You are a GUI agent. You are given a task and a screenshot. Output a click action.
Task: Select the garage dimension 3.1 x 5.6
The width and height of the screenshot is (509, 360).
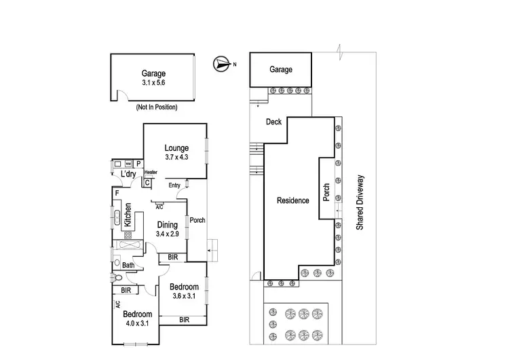point(153,82)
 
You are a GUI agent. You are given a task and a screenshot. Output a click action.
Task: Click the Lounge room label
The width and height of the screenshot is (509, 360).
point(176,148)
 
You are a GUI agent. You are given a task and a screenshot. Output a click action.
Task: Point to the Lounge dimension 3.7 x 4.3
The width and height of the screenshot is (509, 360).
point(176,157)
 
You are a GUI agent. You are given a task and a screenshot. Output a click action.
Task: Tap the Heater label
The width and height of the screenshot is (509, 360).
point(150,173)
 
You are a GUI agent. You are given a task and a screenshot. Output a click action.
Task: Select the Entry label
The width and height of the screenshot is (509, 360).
point(174,185)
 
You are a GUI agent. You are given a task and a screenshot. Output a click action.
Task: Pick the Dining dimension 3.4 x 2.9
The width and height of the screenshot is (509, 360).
point(167,234)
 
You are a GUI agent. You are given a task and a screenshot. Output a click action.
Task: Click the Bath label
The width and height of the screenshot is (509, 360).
point(128,265)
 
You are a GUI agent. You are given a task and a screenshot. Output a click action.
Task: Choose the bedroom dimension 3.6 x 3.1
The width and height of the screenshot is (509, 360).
point(185,296)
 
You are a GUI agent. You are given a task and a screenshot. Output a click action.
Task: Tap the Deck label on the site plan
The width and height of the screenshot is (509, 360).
point(274,123)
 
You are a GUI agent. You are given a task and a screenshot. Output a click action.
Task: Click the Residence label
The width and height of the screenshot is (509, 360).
point(293,200)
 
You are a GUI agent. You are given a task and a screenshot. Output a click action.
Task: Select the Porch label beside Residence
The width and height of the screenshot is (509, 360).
point(326,191)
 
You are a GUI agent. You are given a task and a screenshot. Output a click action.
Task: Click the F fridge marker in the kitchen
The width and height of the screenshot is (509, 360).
point(117,194)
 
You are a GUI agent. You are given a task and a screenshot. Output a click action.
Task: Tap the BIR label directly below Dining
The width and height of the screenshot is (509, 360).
point(173,257)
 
